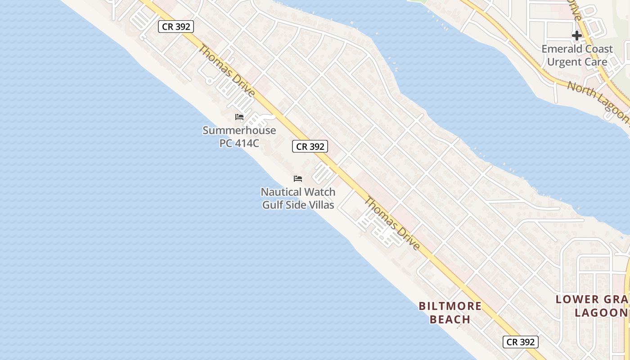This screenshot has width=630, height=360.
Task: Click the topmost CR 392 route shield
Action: coord(176,27)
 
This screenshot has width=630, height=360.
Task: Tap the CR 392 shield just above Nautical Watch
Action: coord(310,146)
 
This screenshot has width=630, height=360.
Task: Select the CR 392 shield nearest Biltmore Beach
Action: coord(520,342)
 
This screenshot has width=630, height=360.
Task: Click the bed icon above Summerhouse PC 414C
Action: coord(239,117)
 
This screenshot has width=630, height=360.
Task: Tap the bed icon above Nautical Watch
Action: coord(298,179)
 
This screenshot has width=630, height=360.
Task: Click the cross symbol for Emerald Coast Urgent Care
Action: coord(577,36)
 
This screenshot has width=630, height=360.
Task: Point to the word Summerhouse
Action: coord(239,130)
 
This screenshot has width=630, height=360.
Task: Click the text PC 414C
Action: coord(239,143)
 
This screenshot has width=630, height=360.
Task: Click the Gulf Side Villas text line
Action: coord(298,205)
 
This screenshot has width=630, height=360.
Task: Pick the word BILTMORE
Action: coord(450,306)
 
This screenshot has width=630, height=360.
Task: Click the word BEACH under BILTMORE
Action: coord(450,319)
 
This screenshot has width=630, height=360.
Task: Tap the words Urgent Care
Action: coord(577,62)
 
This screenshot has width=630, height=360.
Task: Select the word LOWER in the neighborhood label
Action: coord(577,299)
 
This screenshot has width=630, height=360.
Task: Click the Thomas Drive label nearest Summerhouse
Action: coord(227,71)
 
